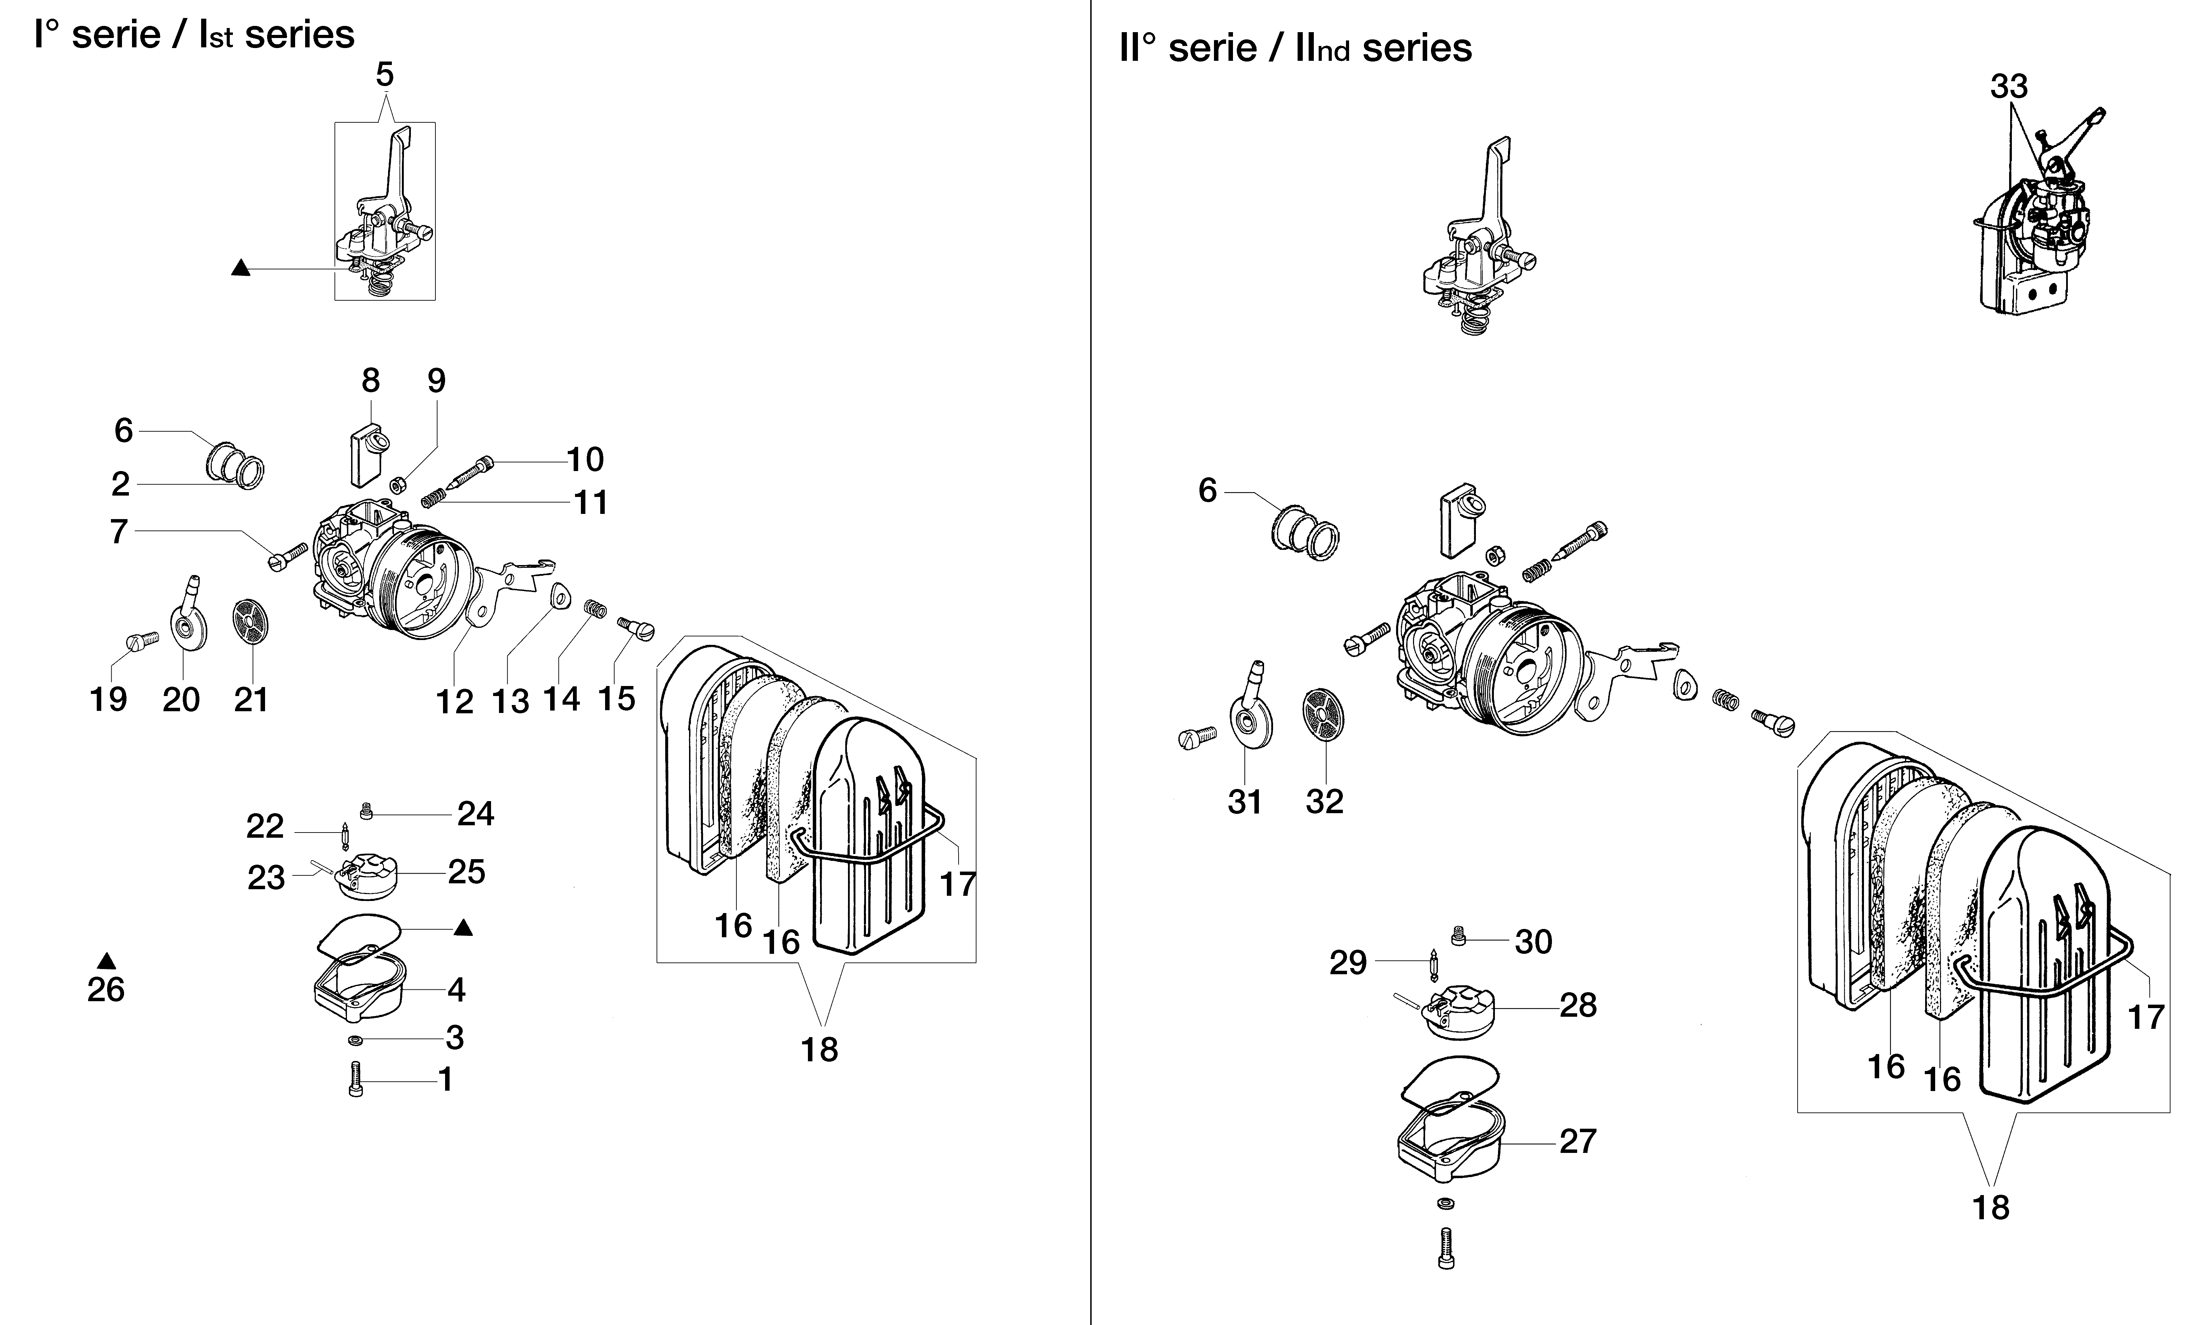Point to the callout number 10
coord(586,460)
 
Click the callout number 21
coord(251,699)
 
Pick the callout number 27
coord(1577,1141)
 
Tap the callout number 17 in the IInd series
coord(2146,1017)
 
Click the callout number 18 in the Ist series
coord(819,1050)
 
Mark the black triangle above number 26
coord(106,961)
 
